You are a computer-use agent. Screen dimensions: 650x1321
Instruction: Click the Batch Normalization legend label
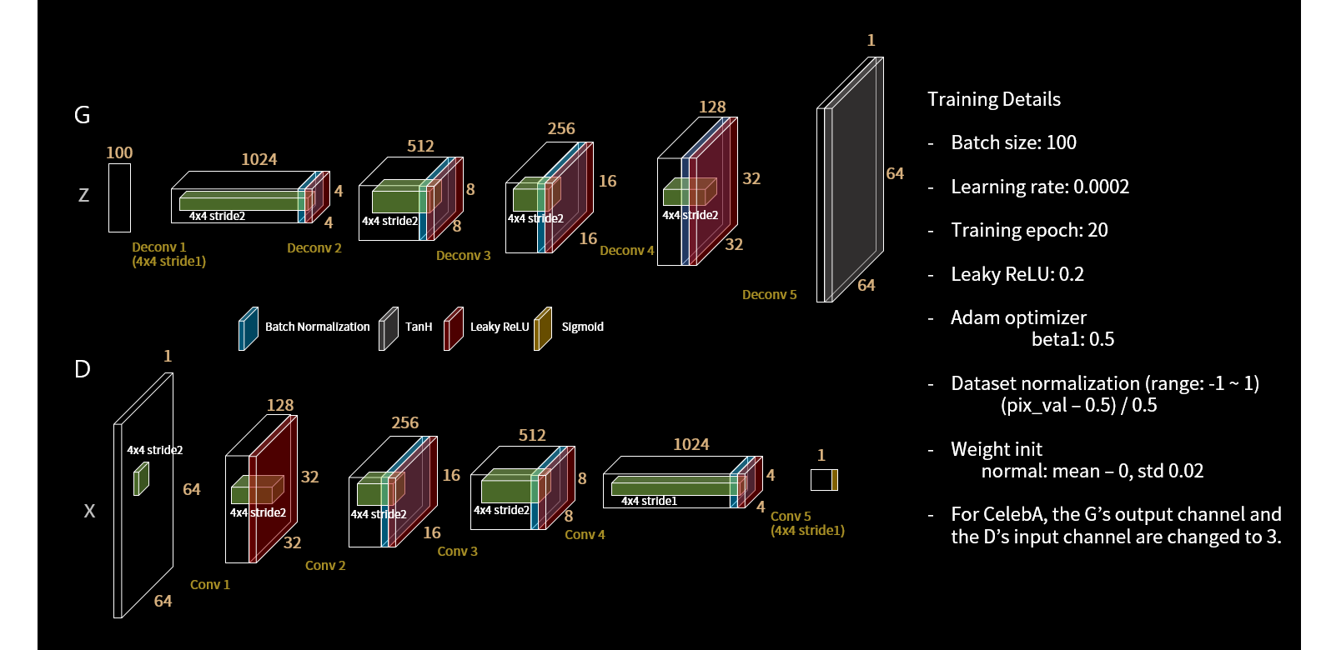(x=317, y=327)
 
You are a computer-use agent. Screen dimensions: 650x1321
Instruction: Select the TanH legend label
(x=419, y=327)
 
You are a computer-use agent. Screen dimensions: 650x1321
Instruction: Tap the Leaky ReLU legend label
(x=500, y=327)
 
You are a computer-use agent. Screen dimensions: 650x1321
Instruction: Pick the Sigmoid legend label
(x=582, y=327)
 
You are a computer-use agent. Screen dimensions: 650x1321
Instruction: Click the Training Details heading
(x=994, y=99)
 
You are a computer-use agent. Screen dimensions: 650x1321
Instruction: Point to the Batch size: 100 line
(x=1013, y=142)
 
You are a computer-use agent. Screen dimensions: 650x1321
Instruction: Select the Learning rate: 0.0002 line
(x=1040, y=187)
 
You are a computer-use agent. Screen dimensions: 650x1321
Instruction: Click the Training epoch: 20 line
(x=1029, y=230)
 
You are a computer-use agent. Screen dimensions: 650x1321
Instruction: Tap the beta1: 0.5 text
(x=1072, y=339)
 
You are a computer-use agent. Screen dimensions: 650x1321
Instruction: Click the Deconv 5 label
(x=769, y=294)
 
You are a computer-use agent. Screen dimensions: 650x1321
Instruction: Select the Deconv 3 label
(x=463, y=255)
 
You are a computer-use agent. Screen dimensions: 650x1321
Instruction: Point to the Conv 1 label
(x=209, y=584)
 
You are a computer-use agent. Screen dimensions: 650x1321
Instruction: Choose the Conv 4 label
(x=585, y=534)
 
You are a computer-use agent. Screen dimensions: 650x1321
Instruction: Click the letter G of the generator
(x=82, y=115)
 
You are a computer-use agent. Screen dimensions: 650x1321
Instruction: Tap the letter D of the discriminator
(x=82, y=369)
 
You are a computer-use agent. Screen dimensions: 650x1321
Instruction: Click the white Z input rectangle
(x=119, y=197)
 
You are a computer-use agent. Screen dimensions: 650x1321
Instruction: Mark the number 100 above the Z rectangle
(x=119, y=152)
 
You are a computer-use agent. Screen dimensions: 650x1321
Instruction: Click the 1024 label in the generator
(x=259, y=159)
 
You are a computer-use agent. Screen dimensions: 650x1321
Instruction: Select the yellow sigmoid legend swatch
(x=543, y=328)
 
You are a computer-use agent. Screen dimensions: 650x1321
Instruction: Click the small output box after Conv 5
(x=823, y=480)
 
